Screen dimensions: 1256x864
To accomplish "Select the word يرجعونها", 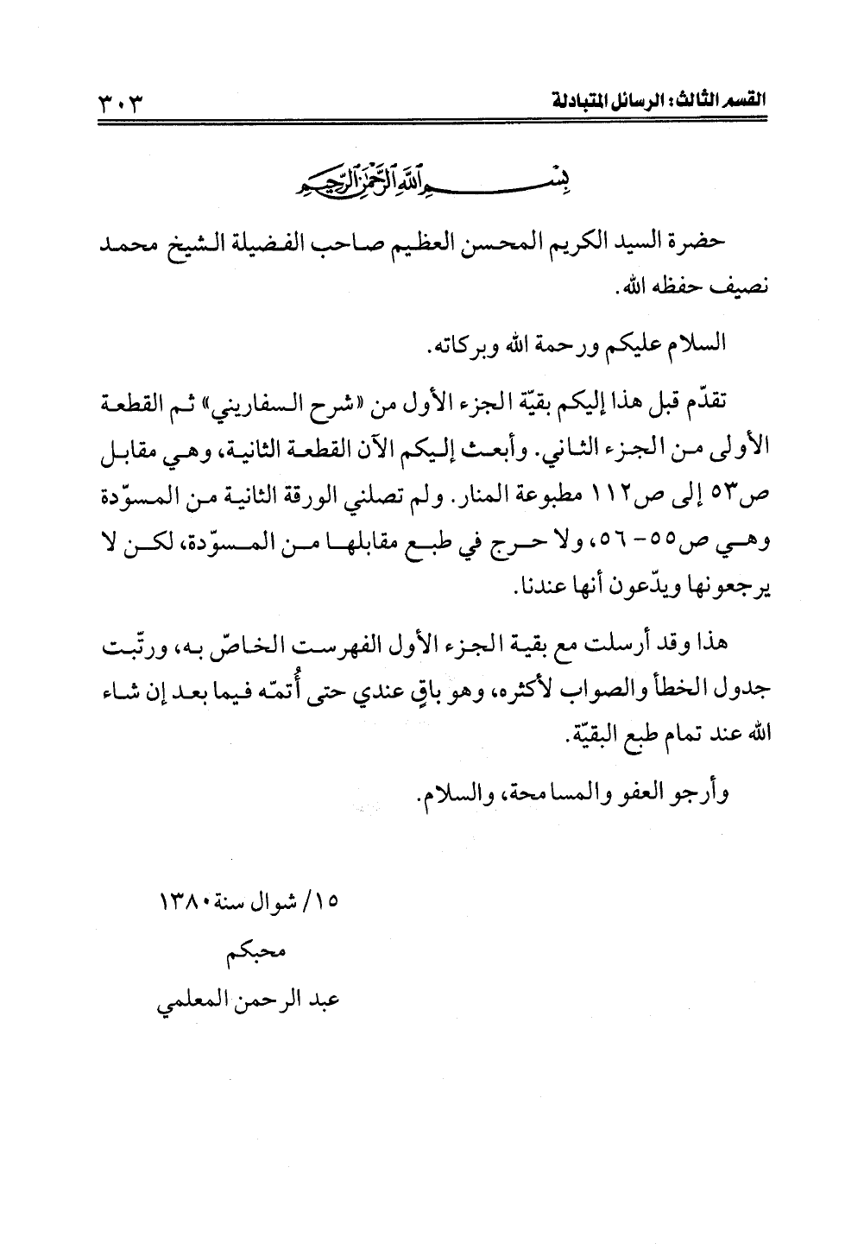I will coord(730,590).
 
